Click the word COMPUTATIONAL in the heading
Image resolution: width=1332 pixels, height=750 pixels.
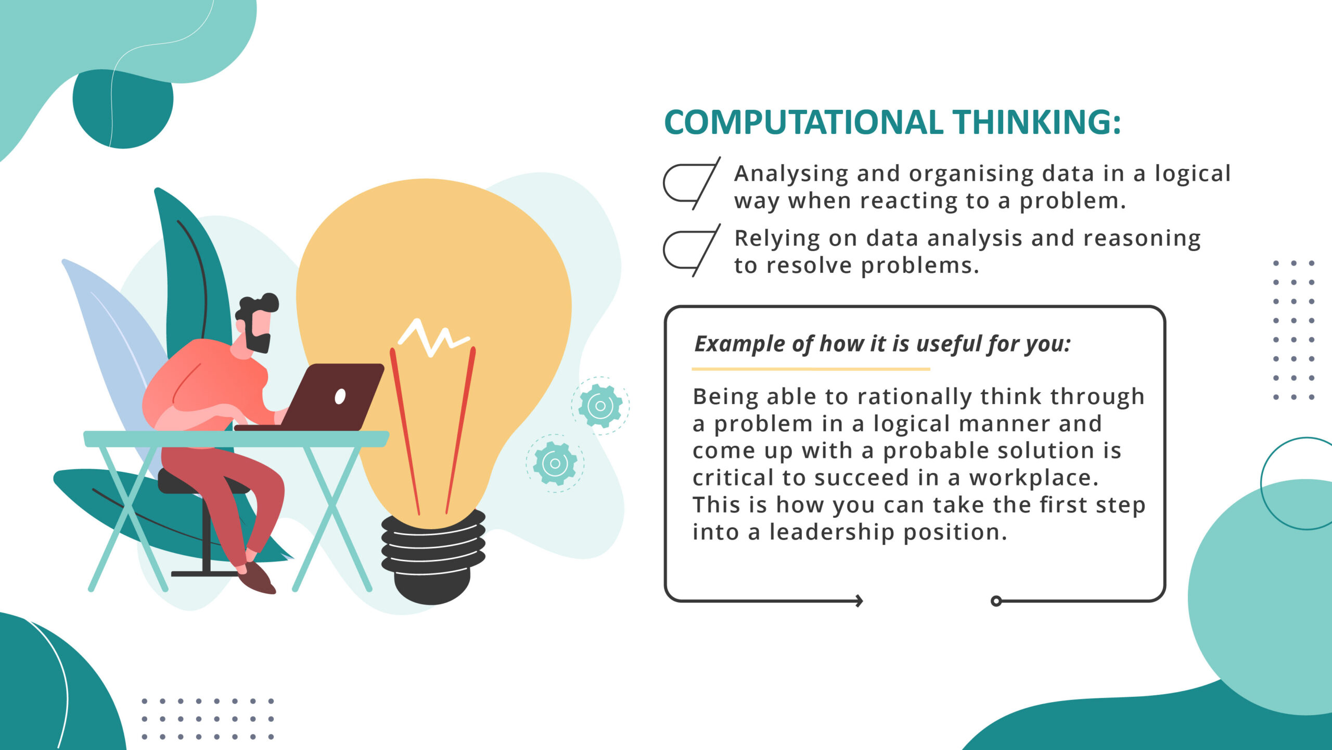[803, 122]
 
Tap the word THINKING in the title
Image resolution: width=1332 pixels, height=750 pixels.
[1035, 122]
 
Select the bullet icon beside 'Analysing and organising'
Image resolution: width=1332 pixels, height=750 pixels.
[691, 183]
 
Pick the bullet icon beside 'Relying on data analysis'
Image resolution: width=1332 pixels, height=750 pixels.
[691, 250]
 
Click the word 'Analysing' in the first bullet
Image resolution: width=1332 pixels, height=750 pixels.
[791, 174]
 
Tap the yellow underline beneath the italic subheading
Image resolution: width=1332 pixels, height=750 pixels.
[811, 369]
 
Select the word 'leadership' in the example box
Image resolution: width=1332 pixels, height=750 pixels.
[832, 532]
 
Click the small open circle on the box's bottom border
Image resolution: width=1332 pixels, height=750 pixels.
[996, 601]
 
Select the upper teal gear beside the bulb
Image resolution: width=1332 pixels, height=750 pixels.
[600, 406]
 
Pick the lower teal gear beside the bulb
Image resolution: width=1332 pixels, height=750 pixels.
[555, 463]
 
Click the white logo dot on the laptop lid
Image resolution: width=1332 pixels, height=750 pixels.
[340, 396]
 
